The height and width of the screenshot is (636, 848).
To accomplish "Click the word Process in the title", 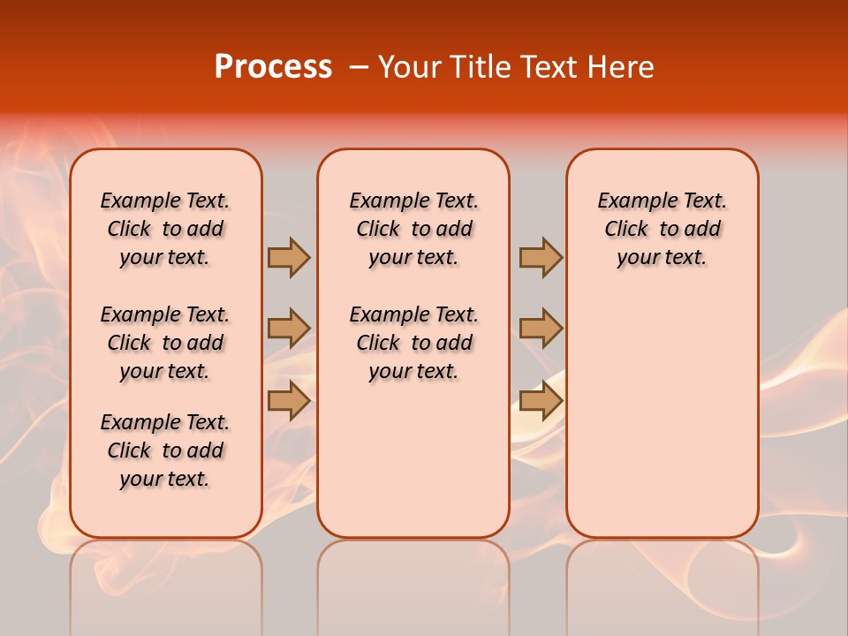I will click(x=273, y=66).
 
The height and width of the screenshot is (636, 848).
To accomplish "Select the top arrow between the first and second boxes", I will click(x=289, y=257).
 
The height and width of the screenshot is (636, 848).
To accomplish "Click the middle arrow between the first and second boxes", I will click(x=289, y=329).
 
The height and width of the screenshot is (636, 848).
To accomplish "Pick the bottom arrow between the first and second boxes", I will click(x=289, y=400).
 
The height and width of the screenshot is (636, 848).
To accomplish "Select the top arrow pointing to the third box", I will click(x=541, y=257).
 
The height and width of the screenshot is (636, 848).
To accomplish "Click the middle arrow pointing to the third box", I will click(x=541, y=329).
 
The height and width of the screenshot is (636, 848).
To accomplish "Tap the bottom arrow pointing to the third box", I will click(x=541, y=400).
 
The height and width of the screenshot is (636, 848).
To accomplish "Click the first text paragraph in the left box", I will click(x=165, y=229).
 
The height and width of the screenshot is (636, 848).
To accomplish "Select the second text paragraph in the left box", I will click(x=165, y=343).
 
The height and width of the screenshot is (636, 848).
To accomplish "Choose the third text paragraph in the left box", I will click(x=165, y=450).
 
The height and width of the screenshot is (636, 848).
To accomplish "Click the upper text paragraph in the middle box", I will click(x=413, y=229).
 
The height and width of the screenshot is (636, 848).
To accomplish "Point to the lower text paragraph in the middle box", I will click(x=413, y=343).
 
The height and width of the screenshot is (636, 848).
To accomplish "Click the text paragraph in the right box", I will click(x=662, y=229).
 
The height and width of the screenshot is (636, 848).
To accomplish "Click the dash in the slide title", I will click(x=359, y=67).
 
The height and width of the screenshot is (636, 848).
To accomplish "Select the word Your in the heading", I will click(x=408, y=66).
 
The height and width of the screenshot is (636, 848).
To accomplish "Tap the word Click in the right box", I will click(x=626, y=230).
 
